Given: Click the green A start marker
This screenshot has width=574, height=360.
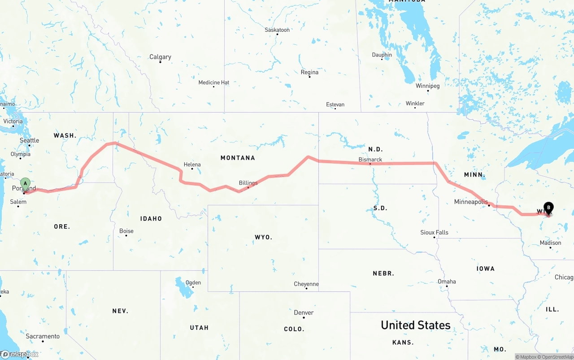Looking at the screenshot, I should point(26,183).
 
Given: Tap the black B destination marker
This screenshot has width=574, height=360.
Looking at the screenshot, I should point(548,208).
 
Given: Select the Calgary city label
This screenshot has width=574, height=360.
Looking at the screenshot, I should point(160,57).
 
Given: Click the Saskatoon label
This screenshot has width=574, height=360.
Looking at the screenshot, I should point(277,30).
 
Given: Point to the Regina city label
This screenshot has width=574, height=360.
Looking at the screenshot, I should point(309,72).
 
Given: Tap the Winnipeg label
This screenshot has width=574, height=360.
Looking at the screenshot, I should point(427,86).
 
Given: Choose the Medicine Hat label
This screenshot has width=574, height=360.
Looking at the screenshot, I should point(214,82).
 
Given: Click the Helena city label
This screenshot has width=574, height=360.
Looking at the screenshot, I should point(192,165).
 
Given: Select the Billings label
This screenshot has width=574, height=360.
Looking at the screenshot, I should point(248,183).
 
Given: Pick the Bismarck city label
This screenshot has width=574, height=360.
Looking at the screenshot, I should point(370,160).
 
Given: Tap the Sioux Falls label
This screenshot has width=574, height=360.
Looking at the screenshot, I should point(434,232).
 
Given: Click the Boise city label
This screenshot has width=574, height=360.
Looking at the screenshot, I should point(126,231).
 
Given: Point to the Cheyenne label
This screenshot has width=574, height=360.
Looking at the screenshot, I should point(306,284).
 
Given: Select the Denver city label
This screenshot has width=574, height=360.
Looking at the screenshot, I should point(304,312).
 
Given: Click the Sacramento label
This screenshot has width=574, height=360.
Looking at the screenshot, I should point(43,336).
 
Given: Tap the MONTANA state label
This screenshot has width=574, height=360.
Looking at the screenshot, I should point(238,158).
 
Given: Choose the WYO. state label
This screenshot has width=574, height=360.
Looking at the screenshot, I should point(263,237).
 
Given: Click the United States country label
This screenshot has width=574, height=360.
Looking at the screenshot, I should point(415,325).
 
